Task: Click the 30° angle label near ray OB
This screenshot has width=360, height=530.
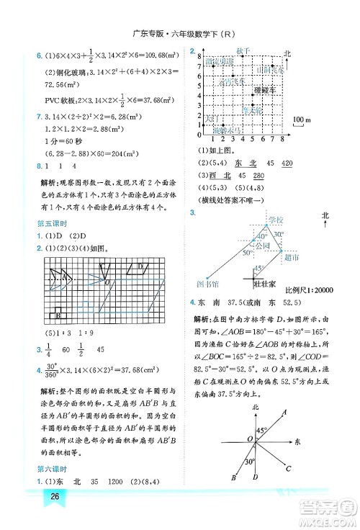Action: [x=248, y=461]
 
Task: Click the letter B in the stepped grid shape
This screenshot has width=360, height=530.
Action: [x=57, y=313]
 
